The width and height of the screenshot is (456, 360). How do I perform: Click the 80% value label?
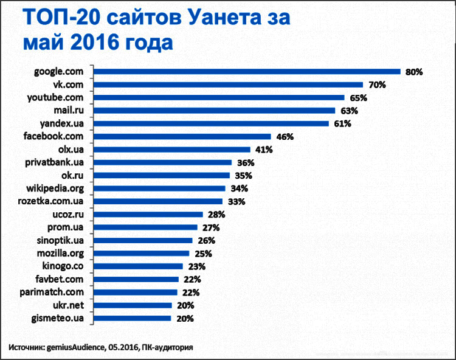(414, 72)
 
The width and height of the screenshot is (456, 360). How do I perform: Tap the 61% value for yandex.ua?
(342, 123)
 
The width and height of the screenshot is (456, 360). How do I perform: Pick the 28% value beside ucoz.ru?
(216, 214)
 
